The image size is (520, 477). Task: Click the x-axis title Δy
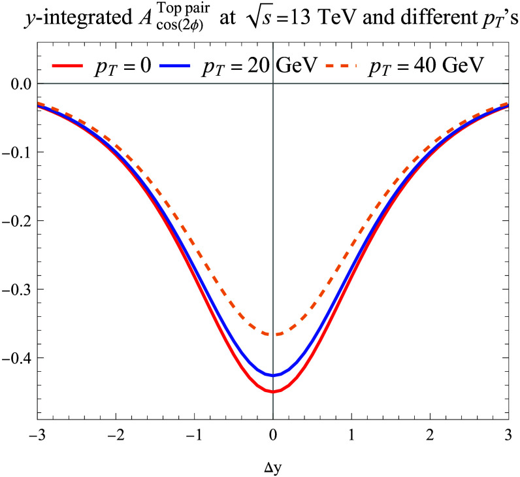(x=273, y=467)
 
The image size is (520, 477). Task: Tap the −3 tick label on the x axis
(x=37, y=435)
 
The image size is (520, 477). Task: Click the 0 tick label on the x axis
(x=273, y=435)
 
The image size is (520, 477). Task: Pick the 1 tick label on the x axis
(x=351, y=435)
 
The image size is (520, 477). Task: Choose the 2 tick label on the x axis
(x=430, y=435)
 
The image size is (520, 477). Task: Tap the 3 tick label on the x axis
(x=508, y=435)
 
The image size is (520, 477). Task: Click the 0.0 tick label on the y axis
(x=21, y=84)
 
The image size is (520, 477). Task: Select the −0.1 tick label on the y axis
(x=16, y=152)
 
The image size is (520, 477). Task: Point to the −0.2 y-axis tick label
(x=16, y=221)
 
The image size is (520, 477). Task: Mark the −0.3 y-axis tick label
(x=16, y=289)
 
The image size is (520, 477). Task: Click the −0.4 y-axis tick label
(x=16, y=358)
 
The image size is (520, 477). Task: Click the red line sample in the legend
(x=67, y=66)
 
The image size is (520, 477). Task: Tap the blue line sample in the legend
(x=175, y=66)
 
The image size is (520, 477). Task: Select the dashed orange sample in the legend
(x=341, y=66)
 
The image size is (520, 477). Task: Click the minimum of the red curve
(x=273, y=392)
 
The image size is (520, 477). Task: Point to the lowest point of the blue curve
(x=273, y=376)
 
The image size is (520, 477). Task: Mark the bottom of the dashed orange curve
(x=273, y=334)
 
